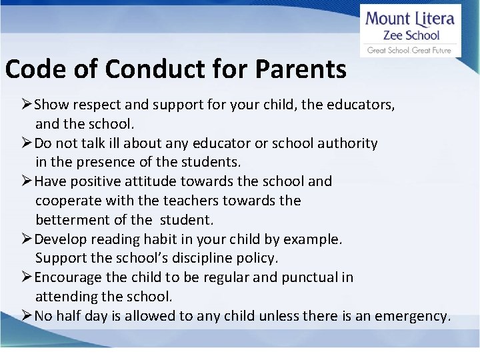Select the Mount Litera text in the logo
click(x=409, y=18)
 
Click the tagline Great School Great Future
click(x=409, y=50)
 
